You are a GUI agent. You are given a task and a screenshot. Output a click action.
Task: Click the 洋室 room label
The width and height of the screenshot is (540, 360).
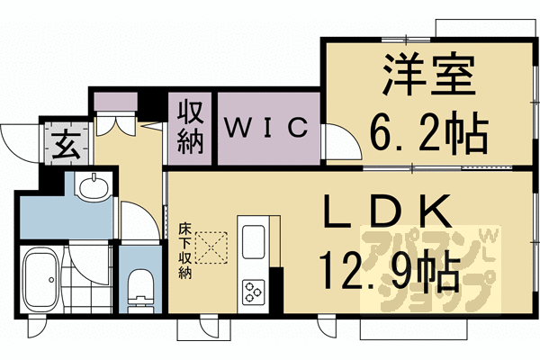[429, 77]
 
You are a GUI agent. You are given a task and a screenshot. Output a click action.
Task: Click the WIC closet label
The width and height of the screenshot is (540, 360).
[266, 129]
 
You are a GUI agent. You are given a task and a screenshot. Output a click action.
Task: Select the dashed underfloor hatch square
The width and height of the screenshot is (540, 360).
[212, 247]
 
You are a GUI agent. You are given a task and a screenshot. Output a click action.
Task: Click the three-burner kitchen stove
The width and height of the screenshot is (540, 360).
[252, 291]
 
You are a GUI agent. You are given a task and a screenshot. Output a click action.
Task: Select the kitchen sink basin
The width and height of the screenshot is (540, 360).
[252, 241]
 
